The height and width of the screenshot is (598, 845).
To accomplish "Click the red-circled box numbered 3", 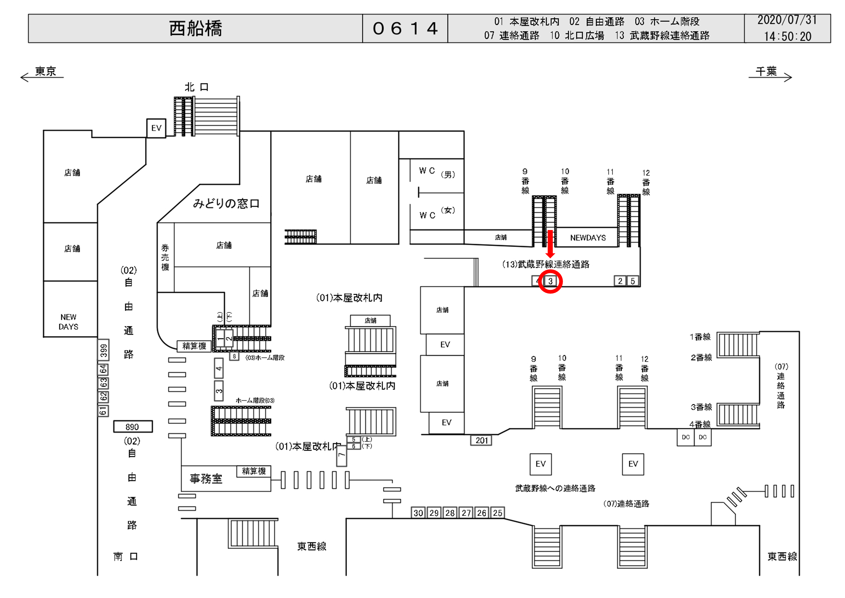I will tap(550, 281).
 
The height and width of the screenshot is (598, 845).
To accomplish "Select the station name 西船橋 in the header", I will tap(195, 29).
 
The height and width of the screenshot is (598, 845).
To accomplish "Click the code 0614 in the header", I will tap(405, 29).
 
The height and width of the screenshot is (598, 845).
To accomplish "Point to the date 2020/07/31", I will tap(787, 20).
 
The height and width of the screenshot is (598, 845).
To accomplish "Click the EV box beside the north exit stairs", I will tap(156, 128).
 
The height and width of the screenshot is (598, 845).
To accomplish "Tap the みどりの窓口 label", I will tap(226, 203).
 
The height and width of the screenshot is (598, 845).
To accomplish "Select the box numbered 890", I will tap(132, 427).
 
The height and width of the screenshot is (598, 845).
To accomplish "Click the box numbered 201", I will tap(481, 440).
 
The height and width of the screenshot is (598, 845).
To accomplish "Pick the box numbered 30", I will tap(418, 513).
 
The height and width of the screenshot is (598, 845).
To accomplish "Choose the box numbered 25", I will tap(497, 513).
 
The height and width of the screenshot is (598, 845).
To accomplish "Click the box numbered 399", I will tap(104, 350).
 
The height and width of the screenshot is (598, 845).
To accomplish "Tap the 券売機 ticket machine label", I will tap(165, 257).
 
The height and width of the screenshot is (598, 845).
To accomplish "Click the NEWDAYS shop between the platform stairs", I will tap(588, 238).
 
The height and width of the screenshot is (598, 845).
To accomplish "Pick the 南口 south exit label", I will tap(126, 556).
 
